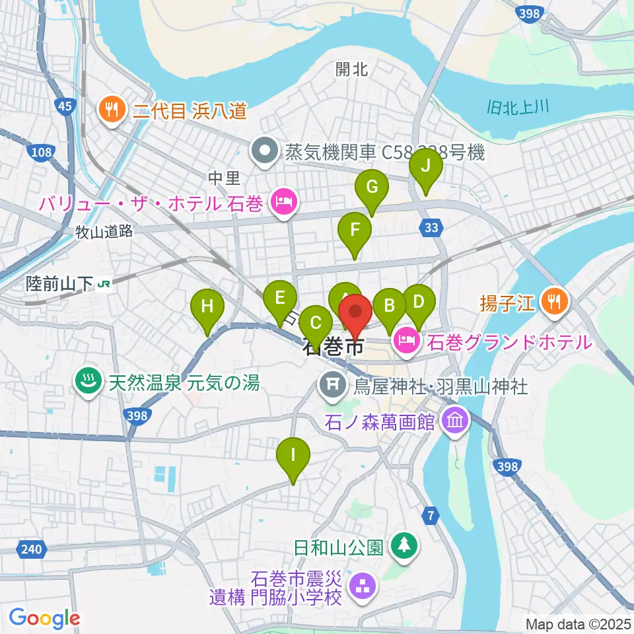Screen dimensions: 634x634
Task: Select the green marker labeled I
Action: [x=293, y=456]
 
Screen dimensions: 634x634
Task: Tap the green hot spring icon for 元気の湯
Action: [x=87, y=382]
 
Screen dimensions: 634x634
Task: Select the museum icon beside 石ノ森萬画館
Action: [x=456, y=420]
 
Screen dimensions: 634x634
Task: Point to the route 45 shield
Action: [x=65, y=106]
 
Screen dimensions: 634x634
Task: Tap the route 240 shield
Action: [x=30, y=549]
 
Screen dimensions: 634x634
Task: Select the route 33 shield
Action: [x=431, y=228]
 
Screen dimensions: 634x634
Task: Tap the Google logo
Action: [x=44, y=617]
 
